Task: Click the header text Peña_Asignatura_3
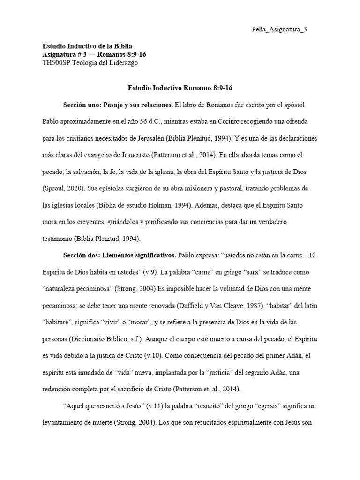point(279,30)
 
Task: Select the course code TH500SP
point(57,62)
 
